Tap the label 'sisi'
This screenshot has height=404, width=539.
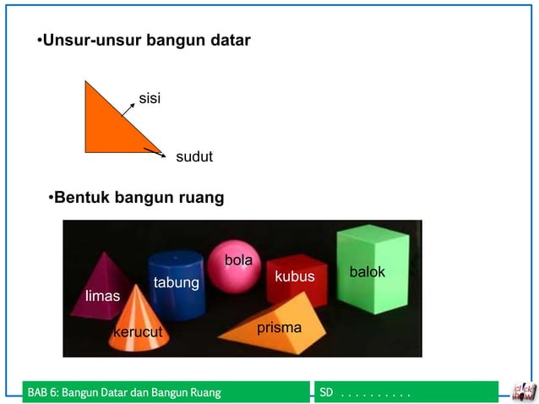(x=150, y=99)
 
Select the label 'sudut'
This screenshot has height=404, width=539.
(x=193, y=157)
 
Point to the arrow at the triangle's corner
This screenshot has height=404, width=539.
(x=153, y=151)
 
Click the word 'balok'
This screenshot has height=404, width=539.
(x=367, y=272)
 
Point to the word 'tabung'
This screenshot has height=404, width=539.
(x=176, y=282)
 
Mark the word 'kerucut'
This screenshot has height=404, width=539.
(x=138, y=332)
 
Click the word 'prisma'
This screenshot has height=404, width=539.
(x=279, y=326)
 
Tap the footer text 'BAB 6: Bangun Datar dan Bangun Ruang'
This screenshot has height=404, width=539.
(x=124, y=392)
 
